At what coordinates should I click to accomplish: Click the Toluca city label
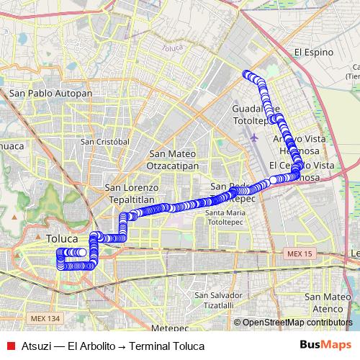61,237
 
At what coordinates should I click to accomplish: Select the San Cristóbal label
105,142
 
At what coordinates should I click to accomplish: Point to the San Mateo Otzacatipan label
173,159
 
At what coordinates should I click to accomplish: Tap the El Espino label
315,53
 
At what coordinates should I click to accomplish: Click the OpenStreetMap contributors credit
293,323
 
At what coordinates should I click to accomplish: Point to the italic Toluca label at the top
173,49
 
